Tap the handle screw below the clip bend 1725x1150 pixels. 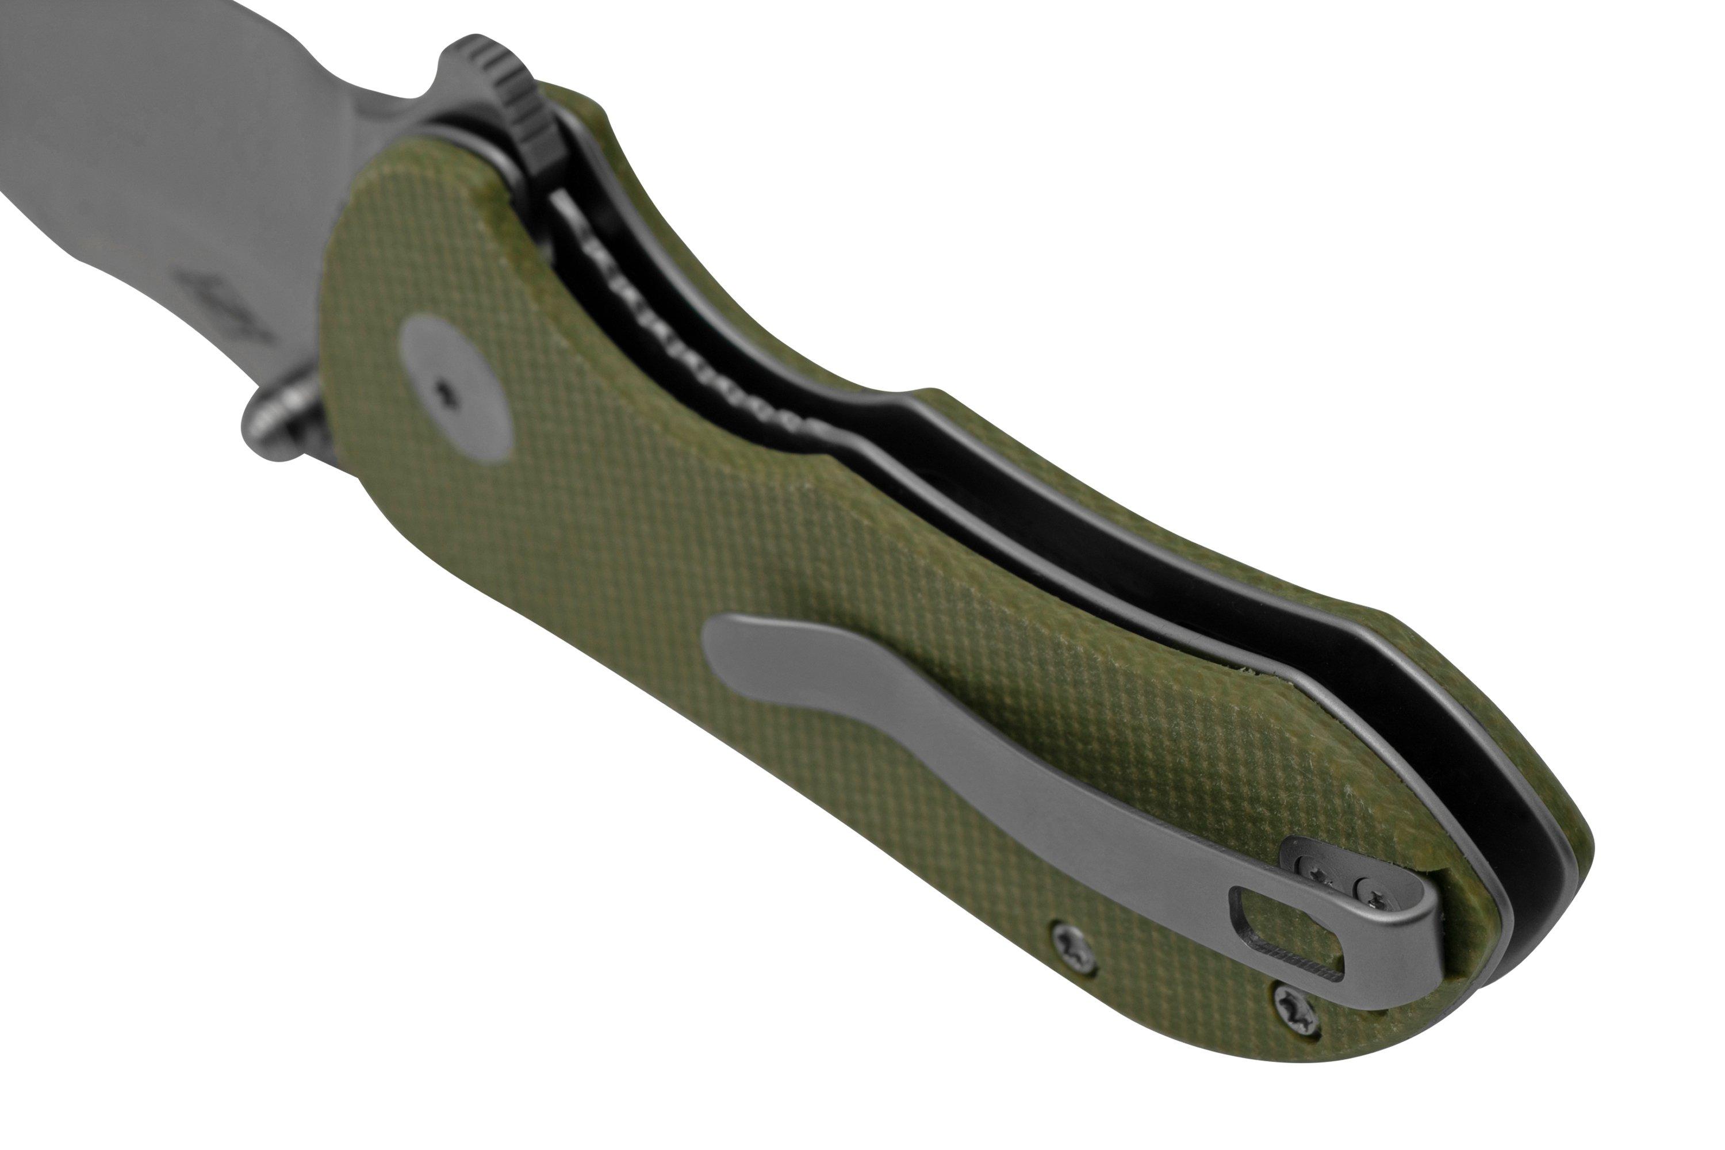[x=1297, y=1002]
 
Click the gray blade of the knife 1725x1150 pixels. [x=147, y=147]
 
